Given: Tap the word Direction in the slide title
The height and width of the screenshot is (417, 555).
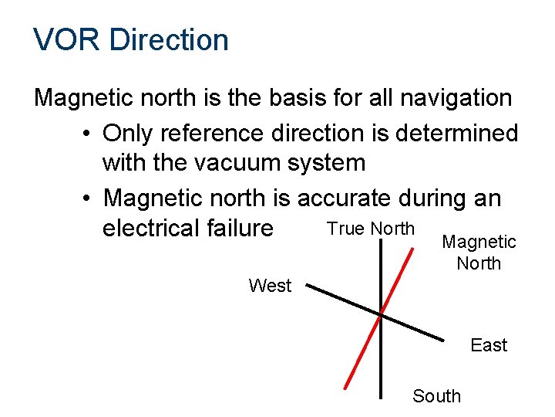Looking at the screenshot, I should (x=169, y=40).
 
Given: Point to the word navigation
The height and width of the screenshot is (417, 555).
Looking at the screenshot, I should (x=453, y=98).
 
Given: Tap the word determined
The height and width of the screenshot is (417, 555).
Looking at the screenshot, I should (x=454, y=133).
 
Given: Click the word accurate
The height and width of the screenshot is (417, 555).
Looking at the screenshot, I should (x=350, y=198).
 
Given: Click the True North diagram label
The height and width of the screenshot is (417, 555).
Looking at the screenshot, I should (x=371, y=229).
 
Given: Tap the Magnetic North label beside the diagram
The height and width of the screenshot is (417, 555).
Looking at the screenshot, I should (x=479, y=253).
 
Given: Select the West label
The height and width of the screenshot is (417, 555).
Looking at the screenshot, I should (x=270, y=286).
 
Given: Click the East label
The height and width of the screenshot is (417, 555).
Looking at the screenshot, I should (x=489, y=345).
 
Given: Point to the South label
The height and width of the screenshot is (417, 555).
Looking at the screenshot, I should (x=436, y=396).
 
